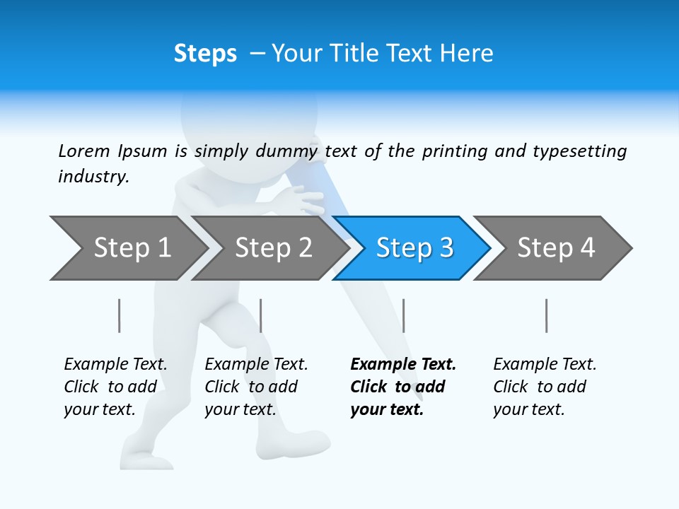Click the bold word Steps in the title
coord(205,54)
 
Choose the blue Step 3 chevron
coord(414,248)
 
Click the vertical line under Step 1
coord(120,315)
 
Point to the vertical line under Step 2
coord(261,315)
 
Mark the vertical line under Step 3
coord(403,315)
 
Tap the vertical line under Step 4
coord(546,315)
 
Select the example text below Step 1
coord(115,387)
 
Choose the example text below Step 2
coord(256,387)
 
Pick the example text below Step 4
coord(545,387)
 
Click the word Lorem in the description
coord(84,151)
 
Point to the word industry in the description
coord(93,177)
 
